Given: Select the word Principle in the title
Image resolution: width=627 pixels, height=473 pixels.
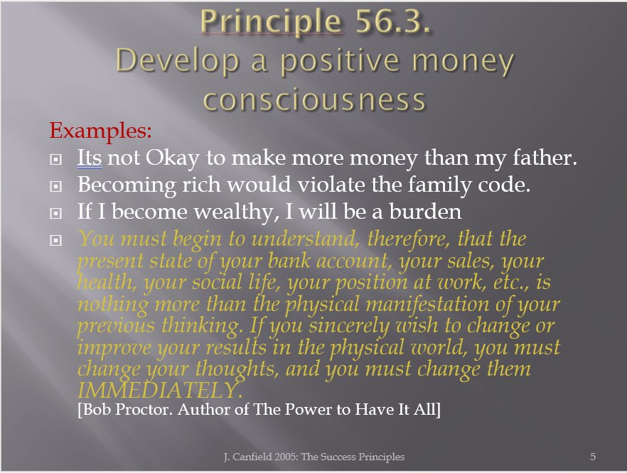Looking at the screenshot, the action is coord(271,23).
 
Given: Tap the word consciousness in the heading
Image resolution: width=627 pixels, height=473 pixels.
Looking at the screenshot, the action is coord(314,100).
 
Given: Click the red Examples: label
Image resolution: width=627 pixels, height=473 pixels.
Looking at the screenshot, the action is coord(100,131).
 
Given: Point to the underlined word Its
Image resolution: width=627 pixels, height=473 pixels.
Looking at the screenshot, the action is coord(90,158).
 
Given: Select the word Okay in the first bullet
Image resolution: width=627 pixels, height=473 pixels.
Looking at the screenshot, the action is coord(172,158).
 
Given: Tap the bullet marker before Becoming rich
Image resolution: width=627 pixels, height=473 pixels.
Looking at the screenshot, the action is coord(55,186).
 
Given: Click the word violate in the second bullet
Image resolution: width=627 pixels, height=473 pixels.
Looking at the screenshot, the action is coord(331,185).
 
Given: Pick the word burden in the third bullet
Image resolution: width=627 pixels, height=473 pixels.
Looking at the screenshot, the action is coord(425,212).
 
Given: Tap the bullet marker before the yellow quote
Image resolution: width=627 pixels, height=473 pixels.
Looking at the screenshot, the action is coord(55,240).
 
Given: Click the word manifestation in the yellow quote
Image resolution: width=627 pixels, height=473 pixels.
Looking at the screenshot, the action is coord(427,304).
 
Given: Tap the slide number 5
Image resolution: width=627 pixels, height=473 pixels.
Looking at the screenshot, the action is coord(593,457).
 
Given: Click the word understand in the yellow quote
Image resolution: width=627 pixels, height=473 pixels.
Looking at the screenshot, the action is coord(303,239).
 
